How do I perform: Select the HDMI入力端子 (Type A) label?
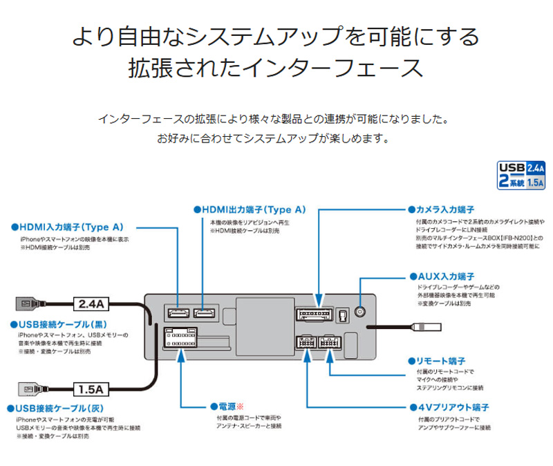67,226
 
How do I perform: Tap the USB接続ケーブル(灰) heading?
55,409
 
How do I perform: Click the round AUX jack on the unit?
360,311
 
